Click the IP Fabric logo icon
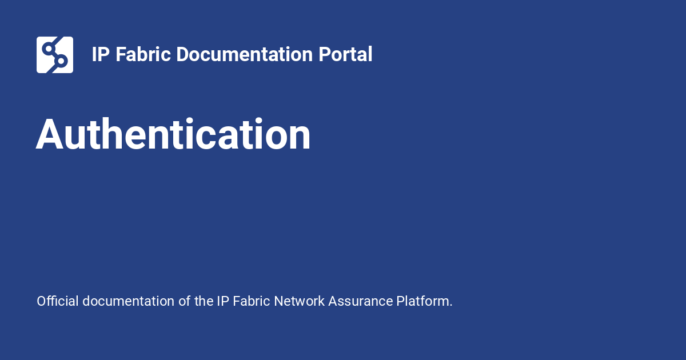pyautogui.click(x=55, y=55)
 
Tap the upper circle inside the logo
pyautogui.click(x=49, y=49)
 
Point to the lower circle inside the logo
pyautogui.click(x=61, y=61)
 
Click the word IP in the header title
pyautogui.click(x=101, y=54)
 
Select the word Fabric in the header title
pyautogui.click(x=143, y=54)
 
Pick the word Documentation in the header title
pyautogui.click(x=245, y=54)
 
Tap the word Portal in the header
pyautogui.click(x=345, y=54)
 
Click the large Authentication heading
pyautogui.click(x=173, y=134)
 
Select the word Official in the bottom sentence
pyautogui.click(x=58, y=301)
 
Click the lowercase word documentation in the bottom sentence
pyautogui.click(x=128, y=301)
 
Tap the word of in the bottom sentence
pyautogui.click(x=184, y=301)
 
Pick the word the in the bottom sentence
pyautogui.click(x=204, y=301)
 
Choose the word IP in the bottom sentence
pyautogui.click(x=223, y=301)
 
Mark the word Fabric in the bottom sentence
pyautogui.click(x=252, y=301)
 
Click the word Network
pyautogui.click(x=299, y=301)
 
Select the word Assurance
pyautogui.click(x=361, y=301)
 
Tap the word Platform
pyautogui.click(x=422, y=301)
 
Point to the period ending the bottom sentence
pyautogui.click(x=451, y=306)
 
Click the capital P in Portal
pyautogui.click(x=325, y=54)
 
